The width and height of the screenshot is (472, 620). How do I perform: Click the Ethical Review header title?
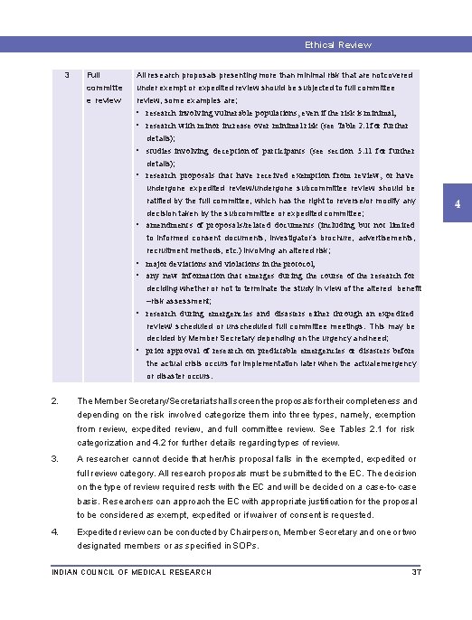[x=337, y=44]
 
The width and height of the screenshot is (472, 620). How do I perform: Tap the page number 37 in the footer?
[x=417, y=572]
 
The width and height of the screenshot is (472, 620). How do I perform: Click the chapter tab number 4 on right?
[x=458, y=205]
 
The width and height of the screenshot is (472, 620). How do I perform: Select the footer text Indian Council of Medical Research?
[x=132, y=572]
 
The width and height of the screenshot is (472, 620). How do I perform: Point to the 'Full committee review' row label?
[x=102, y=88]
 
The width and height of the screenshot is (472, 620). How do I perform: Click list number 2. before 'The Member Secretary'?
[x=56, y=400]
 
